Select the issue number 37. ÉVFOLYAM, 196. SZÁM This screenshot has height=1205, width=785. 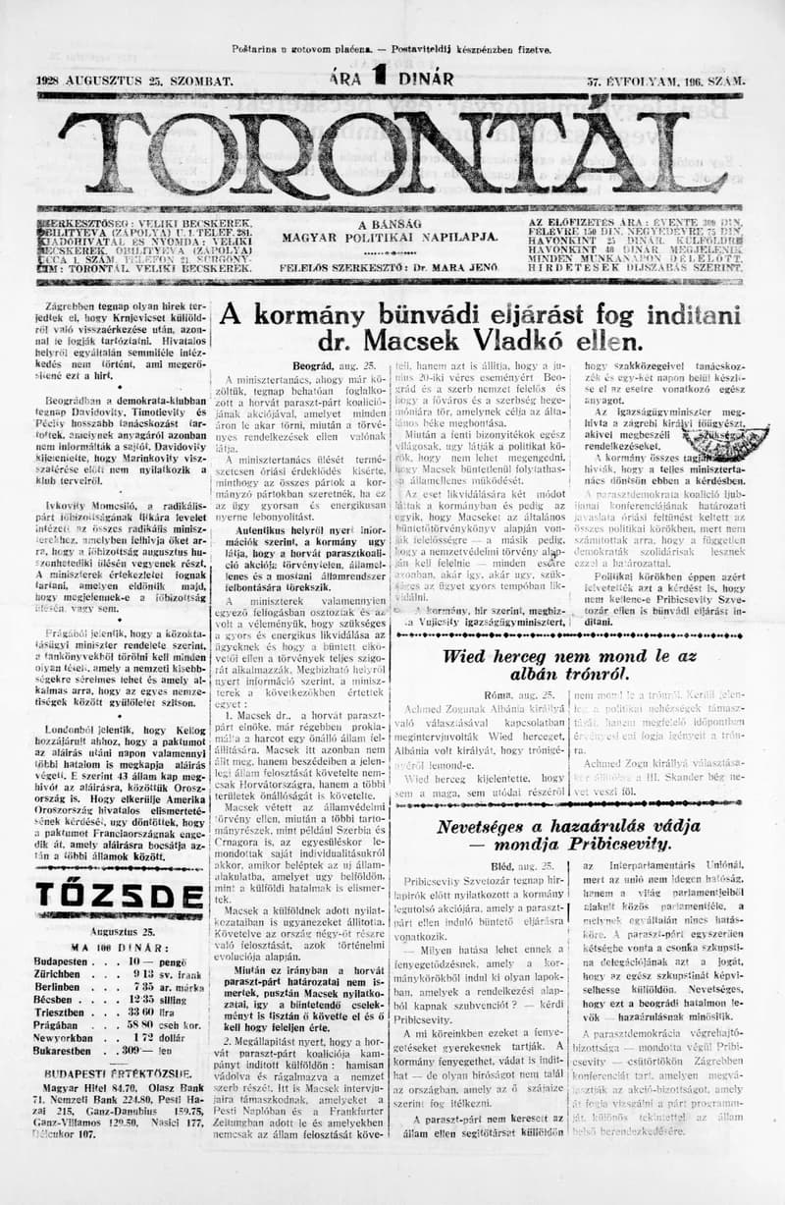[663, 82]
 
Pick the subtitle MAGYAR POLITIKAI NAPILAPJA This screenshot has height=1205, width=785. [390, 237]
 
